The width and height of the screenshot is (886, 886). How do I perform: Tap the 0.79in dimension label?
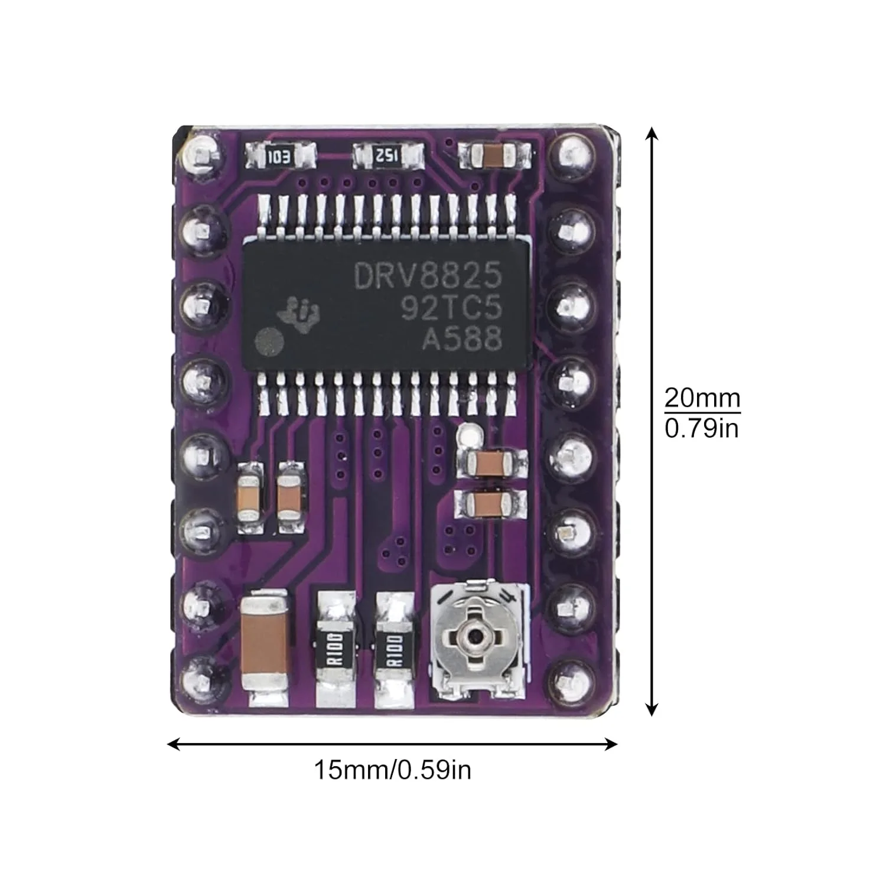point(702,427)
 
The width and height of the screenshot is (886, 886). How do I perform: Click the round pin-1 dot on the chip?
point(270,341)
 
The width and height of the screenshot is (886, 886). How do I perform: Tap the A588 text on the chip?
point(462,340)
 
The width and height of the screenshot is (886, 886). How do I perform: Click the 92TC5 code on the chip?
point(452,308)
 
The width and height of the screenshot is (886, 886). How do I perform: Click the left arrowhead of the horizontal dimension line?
point(173,744)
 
